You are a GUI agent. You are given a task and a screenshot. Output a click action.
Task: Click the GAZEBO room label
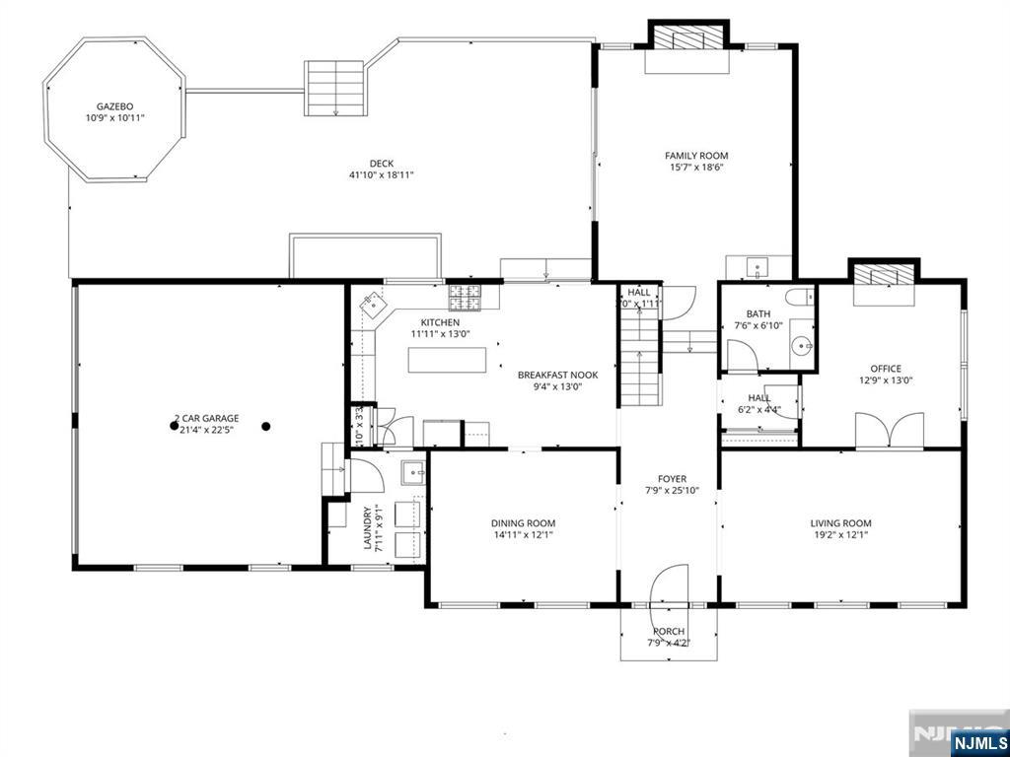point(114,105)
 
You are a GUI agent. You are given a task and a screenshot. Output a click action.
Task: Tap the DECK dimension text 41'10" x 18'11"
point(381,175)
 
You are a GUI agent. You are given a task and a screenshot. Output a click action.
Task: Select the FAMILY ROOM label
point(695,156)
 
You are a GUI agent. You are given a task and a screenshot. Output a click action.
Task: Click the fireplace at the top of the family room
point(687,39)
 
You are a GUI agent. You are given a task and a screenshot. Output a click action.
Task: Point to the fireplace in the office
point(884,275)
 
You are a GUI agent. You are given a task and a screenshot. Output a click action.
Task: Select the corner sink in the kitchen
point(374,305)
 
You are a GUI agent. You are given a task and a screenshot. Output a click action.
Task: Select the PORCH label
point(668,632)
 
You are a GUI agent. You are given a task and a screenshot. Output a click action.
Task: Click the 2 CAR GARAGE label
point(206,418)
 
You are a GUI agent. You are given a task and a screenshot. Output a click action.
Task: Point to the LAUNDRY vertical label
point(367,527)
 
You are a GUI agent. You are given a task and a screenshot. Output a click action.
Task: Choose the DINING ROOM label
point(523,523)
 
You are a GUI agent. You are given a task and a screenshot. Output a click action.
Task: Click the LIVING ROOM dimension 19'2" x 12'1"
point(840,536)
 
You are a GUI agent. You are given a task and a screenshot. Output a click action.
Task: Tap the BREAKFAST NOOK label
point(557,375)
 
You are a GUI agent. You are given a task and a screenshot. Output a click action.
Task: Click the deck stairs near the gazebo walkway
point(334,88)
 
